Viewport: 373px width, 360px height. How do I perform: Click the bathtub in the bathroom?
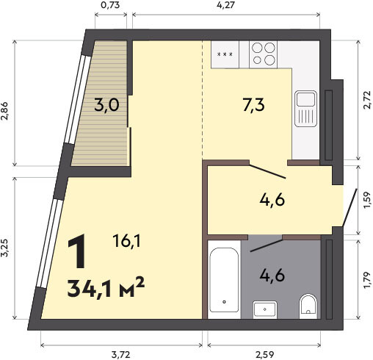pos(224,280)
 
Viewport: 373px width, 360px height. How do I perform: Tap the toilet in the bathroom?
pos(308,304)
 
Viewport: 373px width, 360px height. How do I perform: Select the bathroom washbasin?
pos(265,309)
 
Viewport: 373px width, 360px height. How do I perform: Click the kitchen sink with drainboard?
pos(305,109)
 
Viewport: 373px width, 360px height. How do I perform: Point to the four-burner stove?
pos(264,54)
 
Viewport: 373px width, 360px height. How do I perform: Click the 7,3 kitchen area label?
pos(254,105)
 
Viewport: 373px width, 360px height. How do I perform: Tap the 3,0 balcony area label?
pos(106,105)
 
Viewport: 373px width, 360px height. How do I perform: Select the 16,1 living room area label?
pos(126,241)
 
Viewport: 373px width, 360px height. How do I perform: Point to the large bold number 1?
pos(77,251)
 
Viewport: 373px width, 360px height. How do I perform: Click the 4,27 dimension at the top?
pos(225,5)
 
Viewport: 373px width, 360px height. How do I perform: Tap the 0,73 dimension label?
pos(110,5)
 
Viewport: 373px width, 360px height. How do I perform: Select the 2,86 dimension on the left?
pos(5,111)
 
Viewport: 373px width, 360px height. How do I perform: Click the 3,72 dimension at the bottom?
pos(120,354)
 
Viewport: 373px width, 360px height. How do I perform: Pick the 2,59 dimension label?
pos(264,354)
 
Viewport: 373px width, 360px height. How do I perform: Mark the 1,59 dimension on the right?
pos(367,200)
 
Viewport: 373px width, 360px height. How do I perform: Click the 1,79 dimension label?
pos(367,280)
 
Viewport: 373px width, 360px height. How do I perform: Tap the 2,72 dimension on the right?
pos(367,100)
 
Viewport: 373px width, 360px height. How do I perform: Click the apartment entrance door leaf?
pos(350,207)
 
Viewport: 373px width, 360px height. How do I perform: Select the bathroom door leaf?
pos(267,245)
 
